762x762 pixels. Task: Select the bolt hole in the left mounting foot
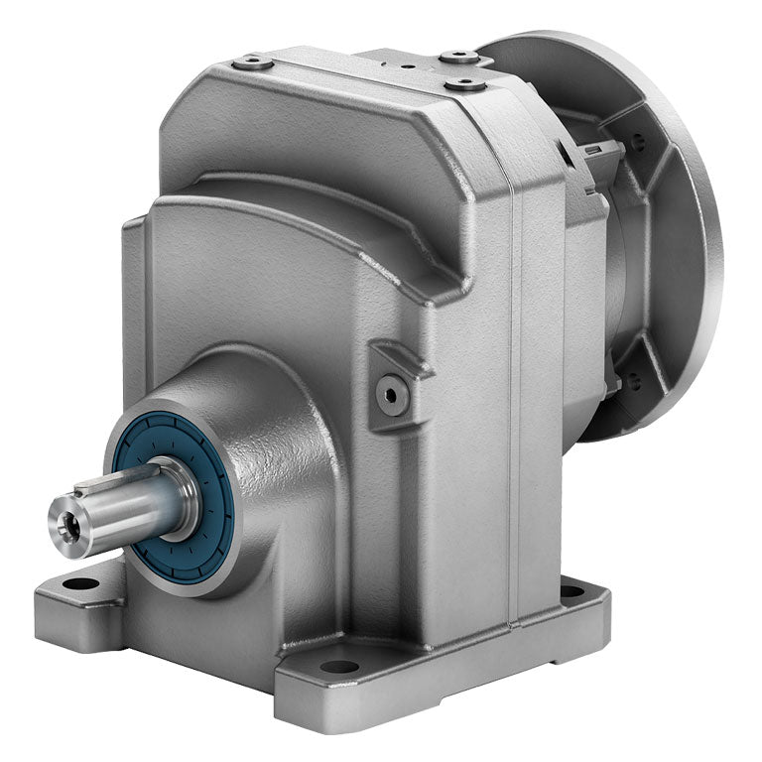[80, 584]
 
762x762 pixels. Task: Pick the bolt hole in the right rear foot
[572, 591]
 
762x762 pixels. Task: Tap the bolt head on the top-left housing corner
[252, 63]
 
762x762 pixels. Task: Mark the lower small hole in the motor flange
[632, 378]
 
